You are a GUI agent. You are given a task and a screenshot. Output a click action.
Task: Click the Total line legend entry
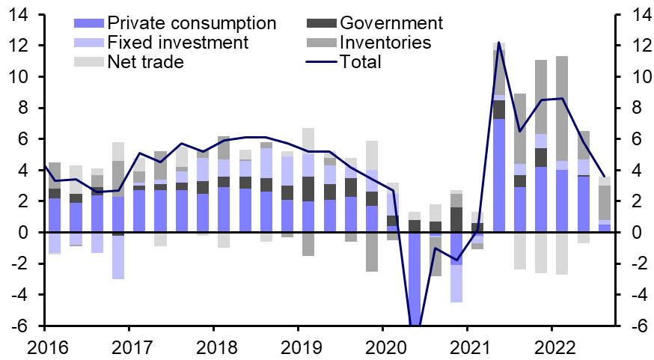[x=360, y=61]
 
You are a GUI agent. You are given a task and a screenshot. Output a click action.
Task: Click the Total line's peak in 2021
[x=499, y=43]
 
